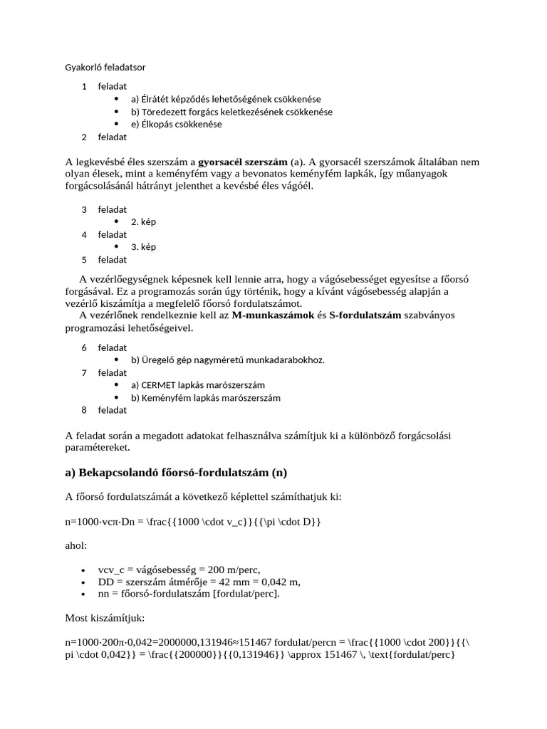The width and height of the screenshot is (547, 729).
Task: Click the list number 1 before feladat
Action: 84,86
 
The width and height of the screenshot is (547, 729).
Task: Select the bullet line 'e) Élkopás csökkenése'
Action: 177,124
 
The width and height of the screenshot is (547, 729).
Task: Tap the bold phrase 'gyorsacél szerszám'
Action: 242,162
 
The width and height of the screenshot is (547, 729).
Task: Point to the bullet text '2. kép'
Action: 143,221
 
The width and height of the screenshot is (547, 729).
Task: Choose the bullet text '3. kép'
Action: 143,247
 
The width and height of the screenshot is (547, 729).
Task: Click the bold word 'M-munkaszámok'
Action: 273,315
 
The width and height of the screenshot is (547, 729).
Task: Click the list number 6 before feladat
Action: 84,347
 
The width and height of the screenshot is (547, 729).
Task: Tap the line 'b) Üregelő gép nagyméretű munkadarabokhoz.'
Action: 227,360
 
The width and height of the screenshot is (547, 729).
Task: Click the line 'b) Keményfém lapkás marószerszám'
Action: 206,397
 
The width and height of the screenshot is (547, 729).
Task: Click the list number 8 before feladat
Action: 84,410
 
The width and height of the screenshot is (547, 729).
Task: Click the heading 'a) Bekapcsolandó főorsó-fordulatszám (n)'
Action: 175,473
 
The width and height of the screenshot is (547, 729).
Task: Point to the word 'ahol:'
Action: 76,547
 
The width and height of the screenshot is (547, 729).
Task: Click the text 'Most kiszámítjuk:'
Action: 105,619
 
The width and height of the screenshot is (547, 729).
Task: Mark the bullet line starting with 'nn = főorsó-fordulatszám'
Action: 189,594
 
